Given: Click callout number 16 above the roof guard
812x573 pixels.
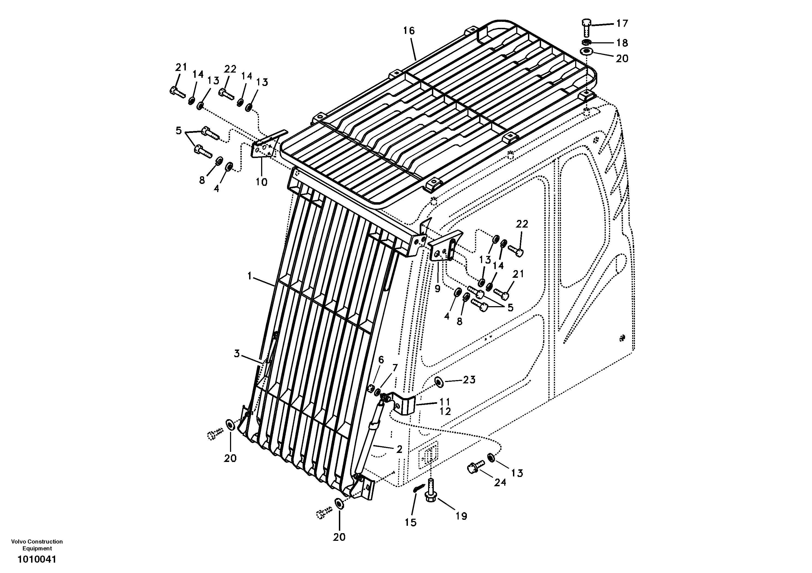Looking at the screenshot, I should coord(408,31).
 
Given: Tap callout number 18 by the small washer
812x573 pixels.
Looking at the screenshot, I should coord(622,43).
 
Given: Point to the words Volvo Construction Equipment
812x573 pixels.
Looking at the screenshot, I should coord(37,545).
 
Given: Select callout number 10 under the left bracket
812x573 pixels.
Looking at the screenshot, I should coord(262,182).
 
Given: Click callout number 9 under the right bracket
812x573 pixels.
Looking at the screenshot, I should coord(437,289).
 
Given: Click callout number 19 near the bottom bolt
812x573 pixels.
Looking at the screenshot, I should coord(461,516).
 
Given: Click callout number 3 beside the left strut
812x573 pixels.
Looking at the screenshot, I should coord(237,353).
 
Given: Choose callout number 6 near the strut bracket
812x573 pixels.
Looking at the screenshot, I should coord(381,360).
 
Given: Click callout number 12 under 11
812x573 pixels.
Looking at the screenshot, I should coord(445,411).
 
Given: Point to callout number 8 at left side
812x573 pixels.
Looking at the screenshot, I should coord(202,180).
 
